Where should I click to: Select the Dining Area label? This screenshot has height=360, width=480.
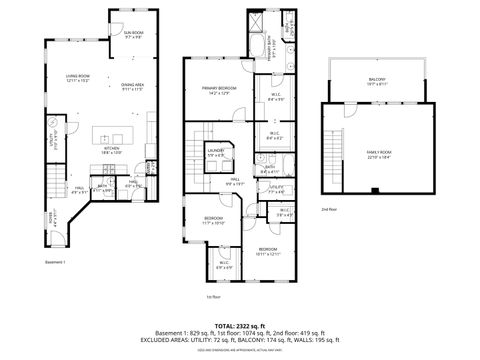(134, 87)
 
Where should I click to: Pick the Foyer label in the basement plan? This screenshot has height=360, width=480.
(54, 217)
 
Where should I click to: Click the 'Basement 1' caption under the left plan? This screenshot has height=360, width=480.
(54, 262)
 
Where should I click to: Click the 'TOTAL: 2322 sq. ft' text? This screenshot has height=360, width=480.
(240, 326)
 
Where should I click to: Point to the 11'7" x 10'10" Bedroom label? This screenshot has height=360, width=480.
(214, 219)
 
